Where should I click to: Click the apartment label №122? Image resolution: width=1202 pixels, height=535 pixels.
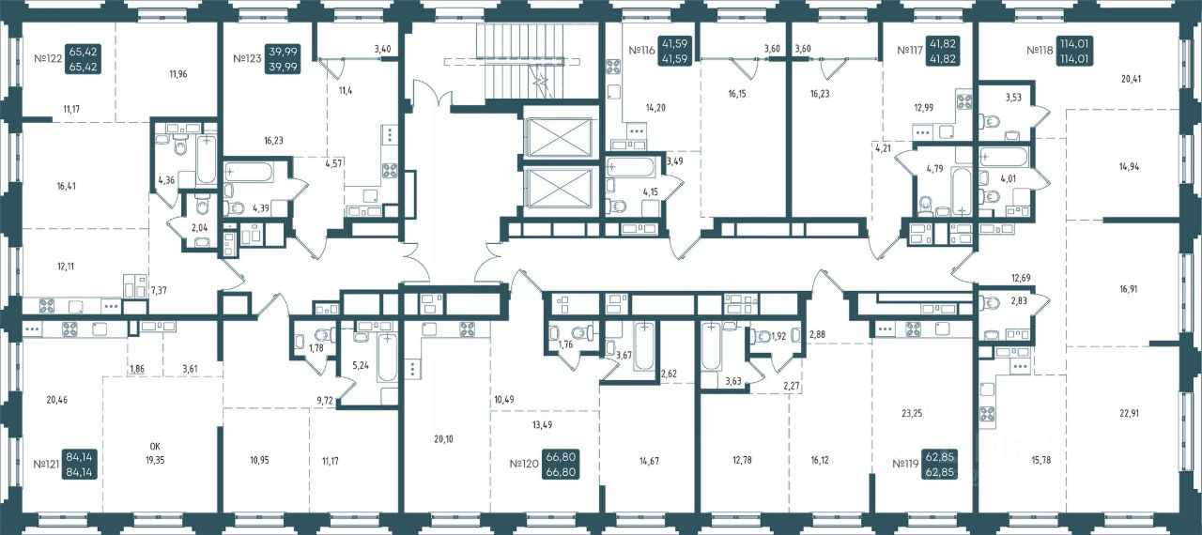pos(48,58)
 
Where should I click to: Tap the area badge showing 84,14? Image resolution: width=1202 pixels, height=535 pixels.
pos(80,465)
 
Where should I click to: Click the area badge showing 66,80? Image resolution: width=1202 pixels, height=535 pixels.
pos(561,465)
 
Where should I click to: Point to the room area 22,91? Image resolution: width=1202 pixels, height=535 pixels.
pos(1129,413)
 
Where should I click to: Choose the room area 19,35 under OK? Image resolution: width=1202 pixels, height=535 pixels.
pos(155,460)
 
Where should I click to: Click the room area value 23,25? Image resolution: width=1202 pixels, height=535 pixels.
pos(912,413)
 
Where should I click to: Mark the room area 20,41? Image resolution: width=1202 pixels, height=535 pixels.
pos(1132,79)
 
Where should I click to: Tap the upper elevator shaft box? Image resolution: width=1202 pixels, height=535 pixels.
pos(559,137)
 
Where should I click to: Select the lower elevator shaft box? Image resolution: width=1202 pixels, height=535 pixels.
pos(559,188)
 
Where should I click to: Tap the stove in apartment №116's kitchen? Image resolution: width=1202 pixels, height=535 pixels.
pos(613,69)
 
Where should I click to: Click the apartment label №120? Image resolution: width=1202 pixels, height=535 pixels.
pos(524,465)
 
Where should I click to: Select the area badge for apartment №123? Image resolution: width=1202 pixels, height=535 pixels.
pos(284,58)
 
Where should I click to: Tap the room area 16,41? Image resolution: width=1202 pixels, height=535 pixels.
pos(67,187)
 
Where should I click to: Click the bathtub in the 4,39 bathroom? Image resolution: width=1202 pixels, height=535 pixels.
pos(249,172)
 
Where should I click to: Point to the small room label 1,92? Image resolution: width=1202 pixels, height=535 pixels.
pos(778,337)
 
